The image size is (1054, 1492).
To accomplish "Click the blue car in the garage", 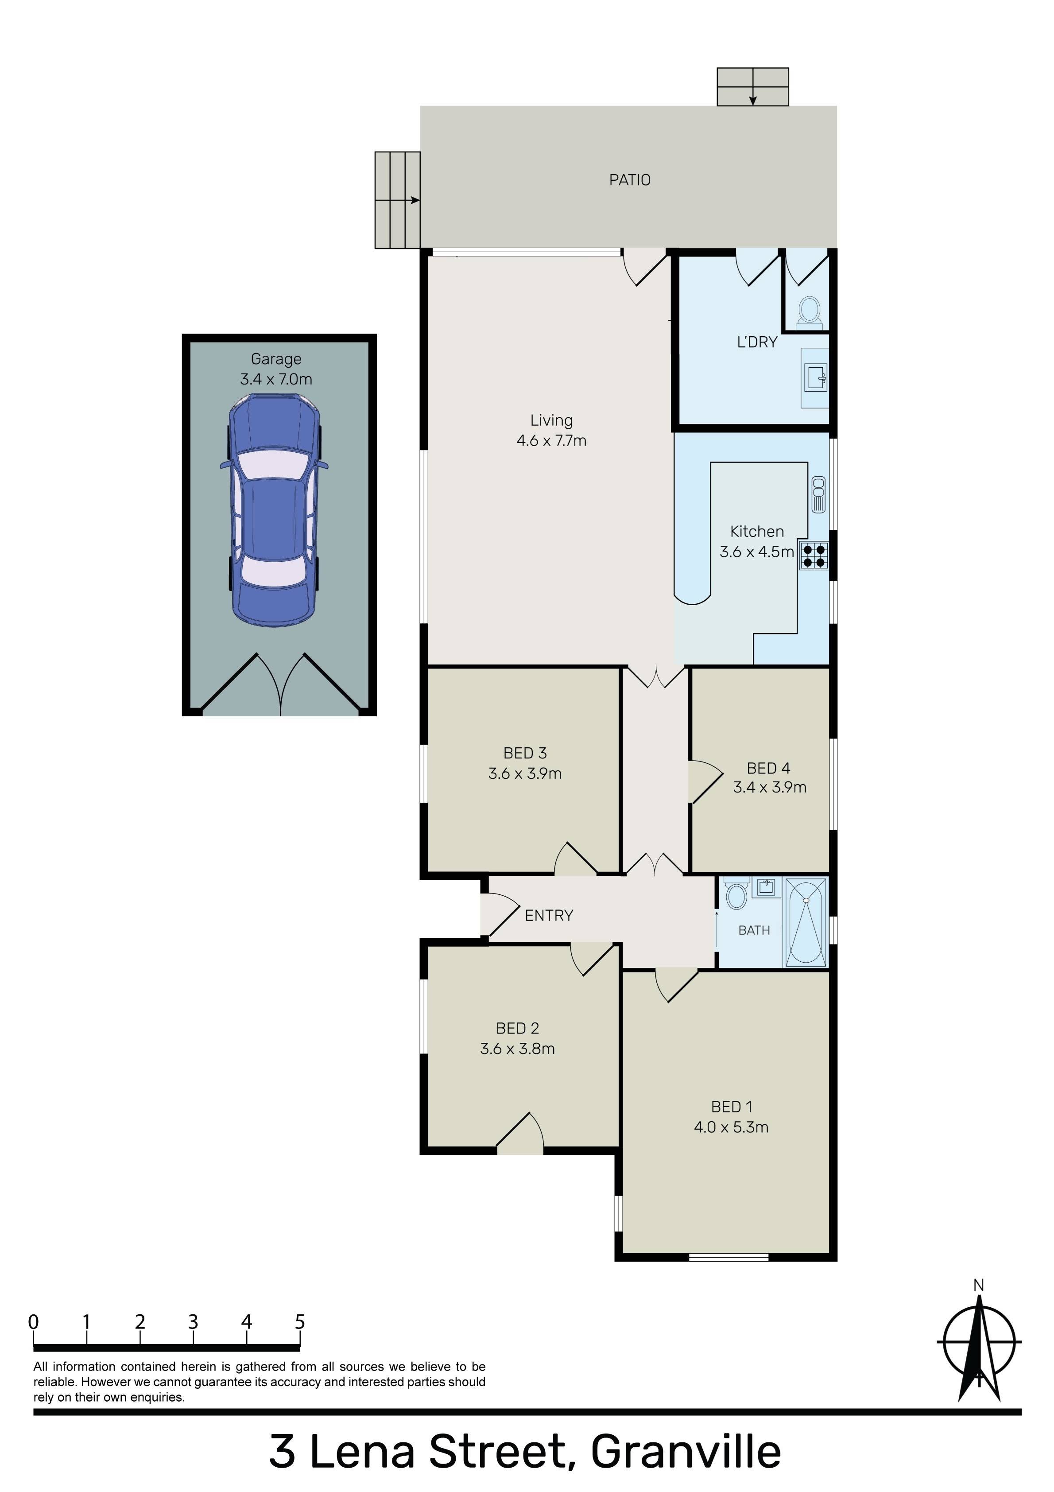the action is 274,510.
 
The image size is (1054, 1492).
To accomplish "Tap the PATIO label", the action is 630,180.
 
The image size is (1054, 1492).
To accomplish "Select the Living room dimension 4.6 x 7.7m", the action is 552,441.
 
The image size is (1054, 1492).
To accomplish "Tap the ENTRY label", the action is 549,916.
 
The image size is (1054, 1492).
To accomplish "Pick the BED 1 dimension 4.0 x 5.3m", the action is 731,1127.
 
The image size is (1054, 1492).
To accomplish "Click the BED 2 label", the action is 517,1028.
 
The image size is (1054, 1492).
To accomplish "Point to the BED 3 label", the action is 525,753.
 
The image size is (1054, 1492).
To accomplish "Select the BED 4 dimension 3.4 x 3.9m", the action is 770,788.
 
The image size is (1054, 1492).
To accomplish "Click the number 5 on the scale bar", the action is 299,1322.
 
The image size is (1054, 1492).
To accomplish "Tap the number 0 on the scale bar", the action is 33,1322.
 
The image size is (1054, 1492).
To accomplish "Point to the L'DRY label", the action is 757,342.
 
